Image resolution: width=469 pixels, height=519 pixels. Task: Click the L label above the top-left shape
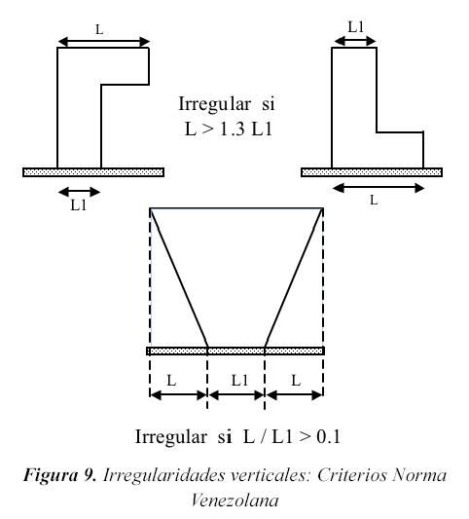point(99,30)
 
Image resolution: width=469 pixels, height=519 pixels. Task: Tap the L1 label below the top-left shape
point(79,205)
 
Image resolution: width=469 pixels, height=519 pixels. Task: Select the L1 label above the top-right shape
point(356,27)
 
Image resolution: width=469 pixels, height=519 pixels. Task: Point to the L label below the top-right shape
point(374,200)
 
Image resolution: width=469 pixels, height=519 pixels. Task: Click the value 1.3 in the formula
point(233,129)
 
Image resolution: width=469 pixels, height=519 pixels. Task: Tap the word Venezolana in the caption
point(234,500)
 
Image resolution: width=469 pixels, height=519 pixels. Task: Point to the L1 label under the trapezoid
point(239,380)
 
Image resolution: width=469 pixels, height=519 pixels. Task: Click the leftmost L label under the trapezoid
point(171,381)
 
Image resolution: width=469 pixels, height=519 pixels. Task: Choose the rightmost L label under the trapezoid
point(296,381)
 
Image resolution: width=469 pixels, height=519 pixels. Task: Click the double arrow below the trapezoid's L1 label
point(236,395)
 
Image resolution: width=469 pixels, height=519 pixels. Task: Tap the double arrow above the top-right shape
point(355,41)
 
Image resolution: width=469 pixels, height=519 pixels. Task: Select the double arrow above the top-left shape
point(104,42)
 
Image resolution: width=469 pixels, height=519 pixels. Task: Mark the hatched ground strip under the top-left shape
point(93,172)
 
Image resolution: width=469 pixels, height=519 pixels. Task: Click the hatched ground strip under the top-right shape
point(372,172)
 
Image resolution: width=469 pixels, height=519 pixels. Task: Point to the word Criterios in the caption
point(352,475)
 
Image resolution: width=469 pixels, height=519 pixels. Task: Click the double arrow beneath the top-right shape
point(379,188)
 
